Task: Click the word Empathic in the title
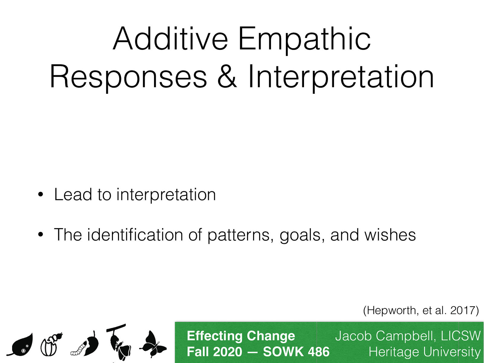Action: [304, 39]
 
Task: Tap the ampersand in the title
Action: [227, 77]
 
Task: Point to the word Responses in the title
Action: [128, 77]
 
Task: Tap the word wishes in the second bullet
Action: [390, 235]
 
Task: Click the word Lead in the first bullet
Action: [73, 194]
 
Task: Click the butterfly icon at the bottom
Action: [153, 345]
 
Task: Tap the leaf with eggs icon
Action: [21, 345]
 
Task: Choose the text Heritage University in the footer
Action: [424, 352]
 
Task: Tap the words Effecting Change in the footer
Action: [241, 336]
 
